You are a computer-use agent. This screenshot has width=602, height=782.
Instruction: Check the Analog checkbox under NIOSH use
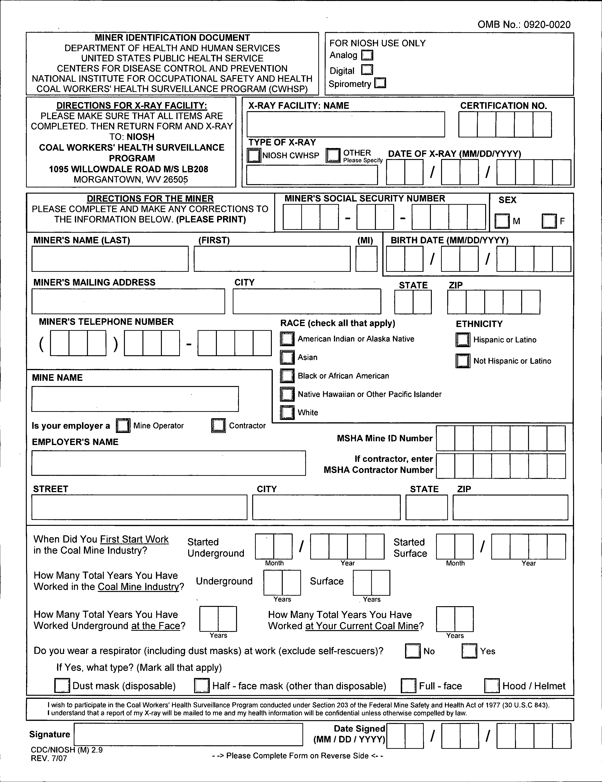tap(367, 55)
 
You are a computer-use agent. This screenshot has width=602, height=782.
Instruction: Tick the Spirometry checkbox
tap(380, 83)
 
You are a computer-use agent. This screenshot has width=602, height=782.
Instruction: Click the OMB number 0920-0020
tap(524, 24)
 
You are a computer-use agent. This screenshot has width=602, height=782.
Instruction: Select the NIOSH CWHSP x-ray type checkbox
tap(254, 155)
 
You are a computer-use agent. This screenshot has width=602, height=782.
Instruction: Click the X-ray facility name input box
tap(346, 124)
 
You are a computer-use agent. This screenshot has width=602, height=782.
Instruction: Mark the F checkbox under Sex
tap(549, 221)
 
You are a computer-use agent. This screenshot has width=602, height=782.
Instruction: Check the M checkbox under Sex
tap(502, 221)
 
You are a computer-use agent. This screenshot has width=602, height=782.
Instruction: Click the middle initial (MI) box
tap(366, 259)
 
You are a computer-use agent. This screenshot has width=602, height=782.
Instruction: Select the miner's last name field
tap(110, 259)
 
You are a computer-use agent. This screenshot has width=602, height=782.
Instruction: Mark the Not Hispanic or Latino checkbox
tap(463, 361)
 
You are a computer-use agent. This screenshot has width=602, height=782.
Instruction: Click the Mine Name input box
tap(135, 399)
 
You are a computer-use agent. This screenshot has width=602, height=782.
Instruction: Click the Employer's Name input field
tap(168, 463)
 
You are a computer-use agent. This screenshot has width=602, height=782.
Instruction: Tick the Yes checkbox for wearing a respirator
tap(469, 651)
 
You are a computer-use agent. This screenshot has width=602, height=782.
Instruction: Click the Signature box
tap(188, 734)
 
